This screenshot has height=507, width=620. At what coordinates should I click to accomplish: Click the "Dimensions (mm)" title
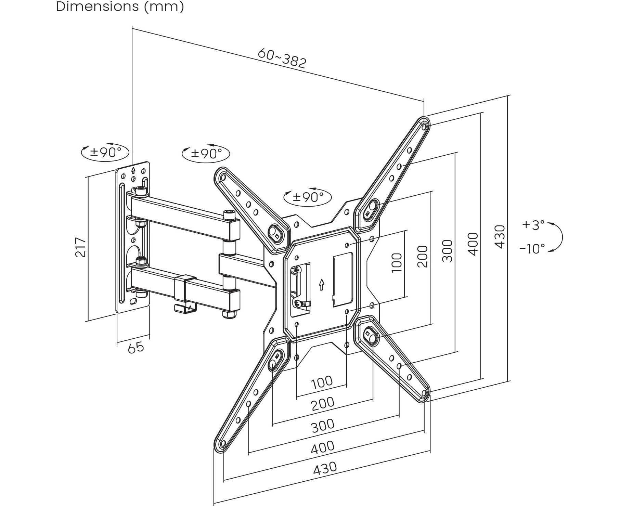pos(120,6)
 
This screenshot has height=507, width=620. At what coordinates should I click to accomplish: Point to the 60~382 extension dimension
pos(282,58)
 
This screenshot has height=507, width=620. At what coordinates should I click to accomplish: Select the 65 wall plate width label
pos(136,348)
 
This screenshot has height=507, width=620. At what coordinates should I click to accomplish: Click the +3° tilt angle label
pos(533,225)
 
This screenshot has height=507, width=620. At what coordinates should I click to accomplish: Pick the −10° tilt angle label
pos(532,248)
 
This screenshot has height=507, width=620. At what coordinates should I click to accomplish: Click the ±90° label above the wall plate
pos(105,152)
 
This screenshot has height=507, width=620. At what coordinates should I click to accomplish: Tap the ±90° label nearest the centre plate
pos(308,197)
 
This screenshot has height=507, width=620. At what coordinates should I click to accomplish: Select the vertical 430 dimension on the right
pos(500,236)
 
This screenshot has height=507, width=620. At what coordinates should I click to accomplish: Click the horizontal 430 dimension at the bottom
pos(325,468)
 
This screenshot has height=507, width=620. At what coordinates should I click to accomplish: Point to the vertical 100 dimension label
pos(397,262)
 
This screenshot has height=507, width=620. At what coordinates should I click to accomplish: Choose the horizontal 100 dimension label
pos(322,382)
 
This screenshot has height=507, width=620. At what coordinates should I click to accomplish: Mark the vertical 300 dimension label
pos(447,250)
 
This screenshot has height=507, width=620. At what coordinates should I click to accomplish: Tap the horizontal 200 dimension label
pos(322,404)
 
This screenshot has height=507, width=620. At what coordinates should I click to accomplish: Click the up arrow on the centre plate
pos(321,285)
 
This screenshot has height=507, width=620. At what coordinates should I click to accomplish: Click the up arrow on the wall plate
pos(133,170)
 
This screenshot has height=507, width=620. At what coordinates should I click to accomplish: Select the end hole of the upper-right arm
pos(424,127)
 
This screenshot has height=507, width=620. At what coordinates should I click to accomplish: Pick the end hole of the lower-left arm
pos(222,444)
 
